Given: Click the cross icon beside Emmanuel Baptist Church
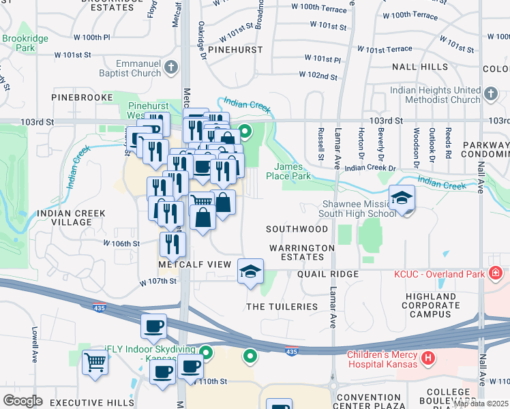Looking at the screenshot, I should pos(170,66).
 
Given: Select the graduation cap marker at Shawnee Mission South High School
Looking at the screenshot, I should pos(402,198).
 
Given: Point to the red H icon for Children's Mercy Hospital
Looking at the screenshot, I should pos(427,357).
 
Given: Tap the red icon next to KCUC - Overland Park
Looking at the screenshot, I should pos(496,274).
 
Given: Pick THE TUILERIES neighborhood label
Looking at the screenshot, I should pos(282,307).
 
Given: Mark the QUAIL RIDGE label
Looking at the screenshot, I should pos(327,274).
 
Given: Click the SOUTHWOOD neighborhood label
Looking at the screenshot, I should pos(297,229).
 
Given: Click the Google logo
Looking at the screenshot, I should pos(22,401).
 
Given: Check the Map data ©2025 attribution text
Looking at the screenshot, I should pos(480,404).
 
